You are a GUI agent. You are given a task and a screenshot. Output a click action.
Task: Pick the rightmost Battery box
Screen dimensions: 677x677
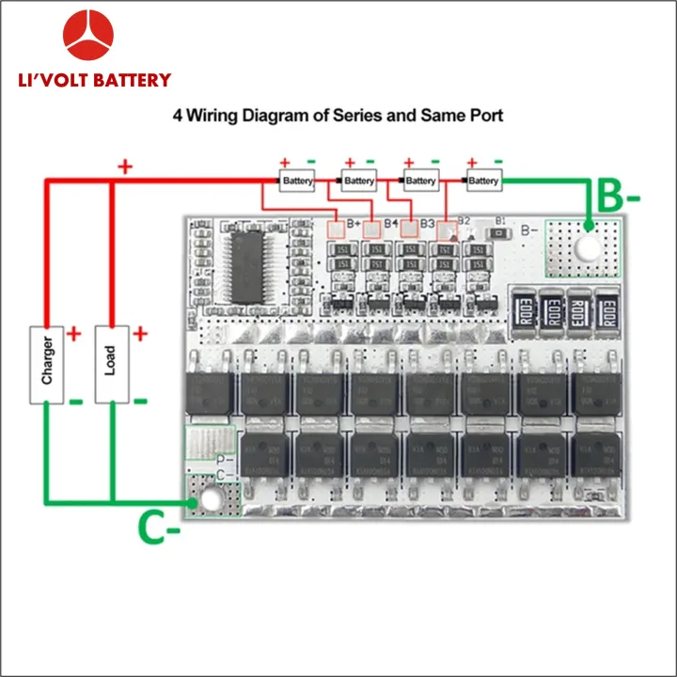(483, 181)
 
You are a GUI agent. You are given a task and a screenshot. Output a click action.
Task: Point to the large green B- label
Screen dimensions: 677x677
(619, 198)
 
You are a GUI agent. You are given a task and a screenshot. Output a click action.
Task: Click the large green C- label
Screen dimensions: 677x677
(159, 529)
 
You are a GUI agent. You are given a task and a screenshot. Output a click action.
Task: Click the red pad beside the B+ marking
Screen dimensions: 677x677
(335, 227)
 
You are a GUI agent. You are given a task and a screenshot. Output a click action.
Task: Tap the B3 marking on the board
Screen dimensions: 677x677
(427, 224)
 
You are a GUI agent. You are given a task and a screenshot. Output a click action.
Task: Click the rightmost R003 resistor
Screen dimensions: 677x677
(607, 311)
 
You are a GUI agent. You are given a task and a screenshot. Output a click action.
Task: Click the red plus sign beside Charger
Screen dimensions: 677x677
(74, 334)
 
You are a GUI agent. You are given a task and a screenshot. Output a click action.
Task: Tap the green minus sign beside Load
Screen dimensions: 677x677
(139, 401)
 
